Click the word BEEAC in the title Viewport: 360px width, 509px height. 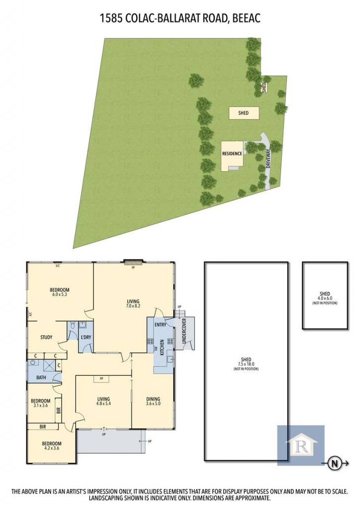coord(247,18)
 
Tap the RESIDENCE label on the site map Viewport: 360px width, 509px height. coord(232,154)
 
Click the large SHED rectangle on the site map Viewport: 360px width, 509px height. coord(244,113)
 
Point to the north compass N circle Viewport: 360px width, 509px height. coord(334,464)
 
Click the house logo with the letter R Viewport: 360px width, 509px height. coord(301,445)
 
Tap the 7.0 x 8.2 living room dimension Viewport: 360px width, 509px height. coord(133,306)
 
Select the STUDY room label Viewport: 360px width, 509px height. coord(46,338)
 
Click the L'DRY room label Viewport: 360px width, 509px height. coord(86,338)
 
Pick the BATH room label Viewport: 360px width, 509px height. coord(41,378)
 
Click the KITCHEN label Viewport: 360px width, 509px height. coord(162,347)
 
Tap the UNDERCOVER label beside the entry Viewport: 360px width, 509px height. coord(184,331)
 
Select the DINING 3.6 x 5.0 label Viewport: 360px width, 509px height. coord(153,401)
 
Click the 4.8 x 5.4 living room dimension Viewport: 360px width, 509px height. coord(103,404)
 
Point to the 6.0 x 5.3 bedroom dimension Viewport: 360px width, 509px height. coord(59,294)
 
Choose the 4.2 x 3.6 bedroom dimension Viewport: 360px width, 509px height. coord(52,448)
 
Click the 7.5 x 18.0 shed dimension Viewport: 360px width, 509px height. coord(246,364)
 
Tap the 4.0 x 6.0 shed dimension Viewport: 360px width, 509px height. coord(325,298)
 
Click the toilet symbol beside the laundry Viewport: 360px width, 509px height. coord(73,325)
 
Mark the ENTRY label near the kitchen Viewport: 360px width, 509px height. coord(161,325)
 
